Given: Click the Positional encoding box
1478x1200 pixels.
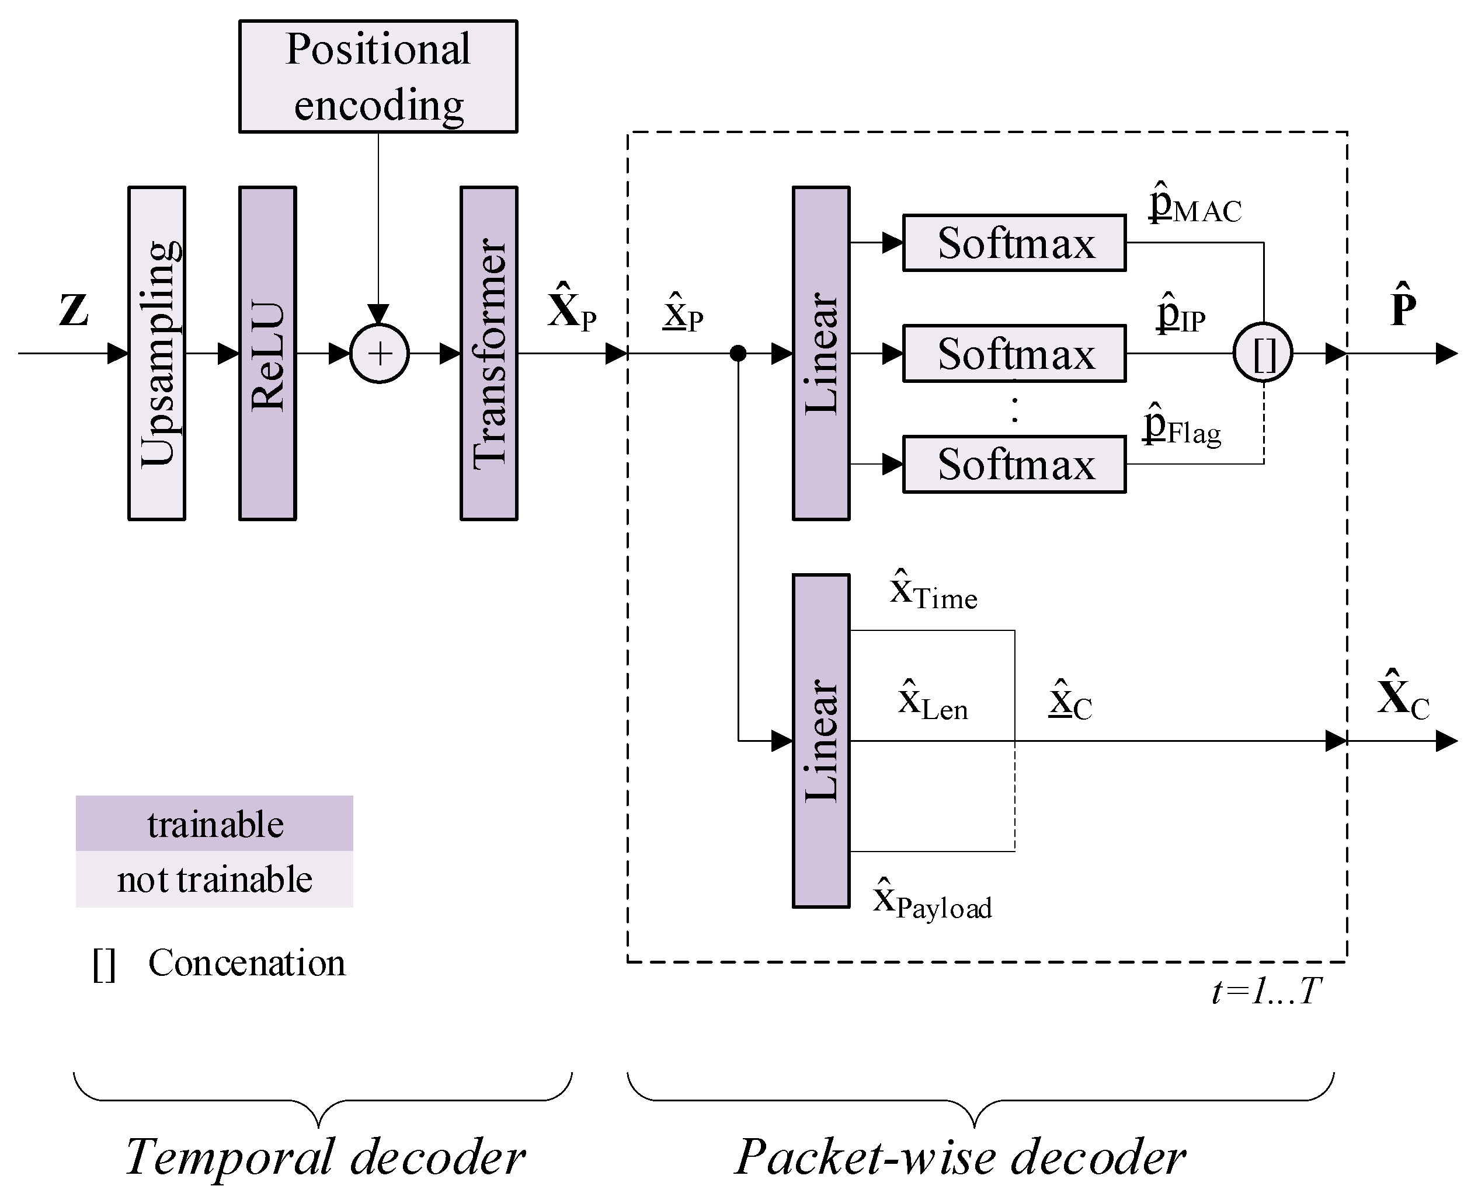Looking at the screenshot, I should [x=378, y=76].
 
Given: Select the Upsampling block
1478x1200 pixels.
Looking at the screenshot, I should [x=157, y=353].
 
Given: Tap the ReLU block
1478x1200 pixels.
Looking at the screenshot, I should [x=267, y=353].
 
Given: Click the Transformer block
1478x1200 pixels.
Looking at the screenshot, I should [x=488, y=353].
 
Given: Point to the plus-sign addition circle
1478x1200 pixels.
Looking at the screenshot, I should [x=379, y=353].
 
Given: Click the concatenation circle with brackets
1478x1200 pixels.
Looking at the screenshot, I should [x=1263, y=353].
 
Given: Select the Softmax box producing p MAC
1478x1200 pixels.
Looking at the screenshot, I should [x=1014, y=243].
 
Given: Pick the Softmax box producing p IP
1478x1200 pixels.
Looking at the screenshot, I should [x=1014, y=353].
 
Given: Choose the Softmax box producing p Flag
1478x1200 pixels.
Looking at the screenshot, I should [x=1014, y=464].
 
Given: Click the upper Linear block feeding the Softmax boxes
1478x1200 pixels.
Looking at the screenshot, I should [x=820, y=353].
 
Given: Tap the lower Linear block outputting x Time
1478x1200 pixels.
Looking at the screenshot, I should [x=820, y=740].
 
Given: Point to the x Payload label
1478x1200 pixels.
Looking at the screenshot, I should [x=933, y=901].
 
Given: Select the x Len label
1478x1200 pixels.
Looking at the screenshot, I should [x=933, y=702].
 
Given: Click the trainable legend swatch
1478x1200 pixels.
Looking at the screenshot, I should [x=214, y=824].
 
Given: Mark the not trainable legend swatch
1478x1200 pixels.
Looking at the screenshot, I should [x=214, y=879].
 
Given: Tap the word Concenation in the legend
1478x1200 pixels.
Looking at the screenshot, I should [x=246, y=963].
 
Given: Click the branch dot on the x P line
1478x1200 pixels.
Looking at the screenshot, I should [x=738, y=353].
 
